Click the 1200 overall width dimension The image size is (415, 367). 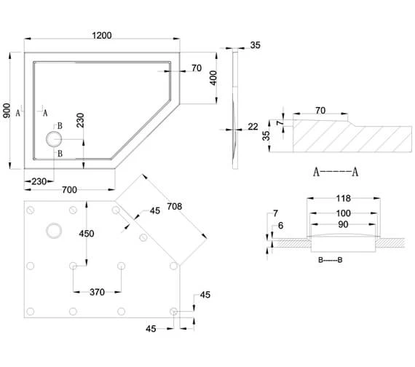(103, 36)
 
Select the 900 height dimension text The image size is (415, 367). (7, 110)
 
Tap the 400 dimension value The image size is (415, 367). (213, 78)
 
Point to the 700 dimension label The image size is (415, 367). (70, 190)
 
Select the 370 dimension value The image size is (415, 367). (98, 292)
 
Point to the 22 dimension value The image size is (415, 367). (253, 127)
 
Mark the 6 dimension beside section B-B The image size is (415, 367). (282, 226)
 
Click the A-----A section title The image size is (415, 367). (336, 173)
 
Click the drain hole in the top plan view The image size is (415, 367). (54, 138)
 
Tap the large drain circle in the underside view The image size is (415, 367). (54, 231)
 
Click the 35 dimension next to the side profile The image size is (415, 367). (254, 45)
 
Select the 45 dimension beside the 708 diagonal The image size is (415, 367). (154, 211)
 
